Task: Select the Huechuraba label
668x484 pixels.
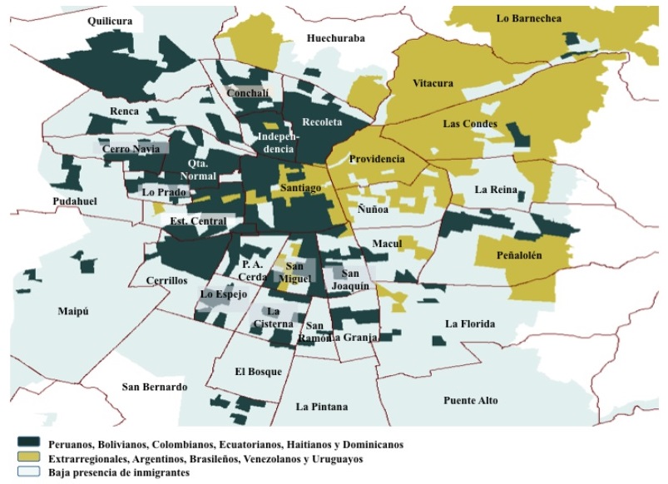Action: (x=335, y=37)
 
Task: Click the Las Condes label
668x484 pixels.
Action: (x=470, y=124)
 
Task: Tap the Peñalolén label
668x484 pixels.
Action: (x=519, y=256)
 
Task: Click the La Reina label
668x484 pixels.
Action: (x=496, y=190)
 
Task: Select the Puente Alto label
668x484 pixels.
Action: (x=470, y=400)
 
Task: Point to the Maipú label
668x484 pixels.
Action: (x=73, y=311)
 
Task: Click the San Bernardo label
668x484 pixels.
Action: (x=154, y=388)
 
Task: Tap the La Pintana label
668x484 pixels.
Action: (x=322, y=407)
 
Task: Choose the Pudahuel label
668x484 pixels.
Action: (x=75, y=201)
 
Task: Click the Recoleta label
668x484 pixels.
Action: (x=322, y=121)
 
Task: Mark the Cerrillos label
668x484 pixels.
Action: (x=166, y=280)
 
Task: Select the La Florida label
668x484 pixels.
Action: (x=470, y=323)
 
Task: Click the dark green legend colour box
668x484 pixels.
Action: (x=28, y=445)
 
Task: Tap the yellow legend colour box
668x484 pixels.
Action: (x=28, y=458)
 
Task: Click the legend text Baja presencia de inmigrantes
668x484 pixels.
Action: (x=120, y=472)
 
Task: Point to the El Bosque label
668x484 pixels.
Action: (x=258, y=371)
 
